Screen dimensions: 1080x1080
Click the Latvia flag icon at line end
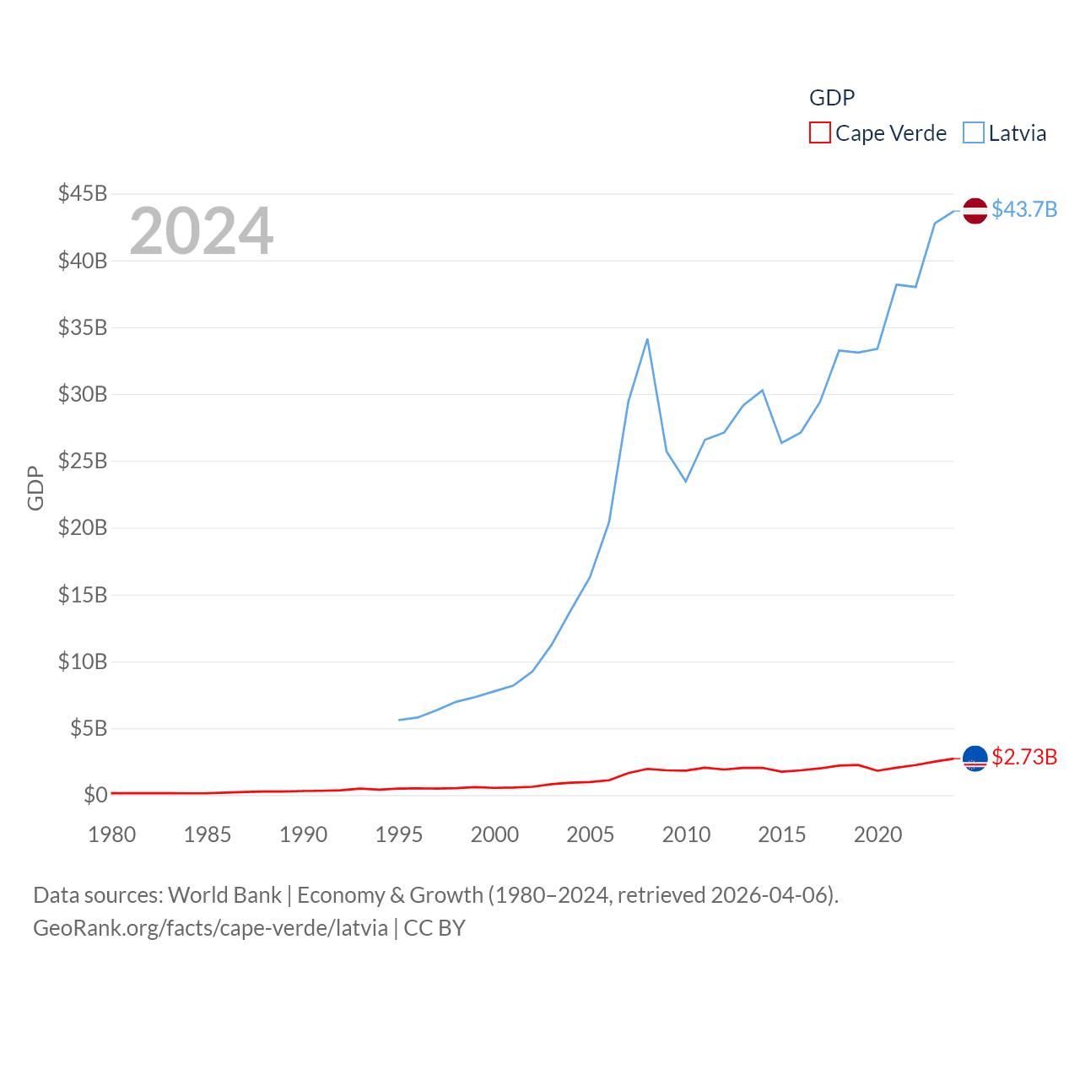(x=975, y=210)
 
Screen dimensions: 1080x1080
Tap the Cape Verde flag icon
(x=975, y=759)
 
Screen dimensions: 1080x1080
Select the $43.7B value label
(x=1024, y=209)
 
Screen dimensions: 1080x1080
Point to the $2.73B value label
(x=1024, y=757)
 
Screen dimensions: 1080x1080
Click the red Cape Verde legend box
(x=819, y=133)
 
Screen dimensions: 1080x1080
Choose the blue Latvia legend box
(x=973, y=133)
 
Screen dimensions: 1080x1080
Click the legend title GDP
(x=832, y=98)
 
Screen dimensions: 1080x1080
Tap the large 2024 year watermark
(x=201, y=230)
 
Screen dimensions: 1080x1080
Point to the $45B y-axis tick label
(x=83, y=193)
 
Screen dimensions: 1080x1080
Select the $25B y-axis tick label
(x=83, y=461)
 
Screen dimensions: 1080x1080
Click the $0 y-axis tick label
(x=95, y=795)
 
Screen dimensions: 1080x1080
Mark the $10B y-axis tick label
(x=83, y=661)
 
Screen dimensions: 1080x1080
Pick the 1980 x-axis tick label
(x=112, y=834)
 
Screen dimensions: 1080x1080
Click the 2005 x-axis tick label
(x=591, y=834)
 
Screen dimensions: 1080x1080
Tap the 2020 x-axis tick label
(x=877, y=834)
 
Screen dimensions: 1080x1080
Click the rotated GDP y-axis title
(x=35, y=488)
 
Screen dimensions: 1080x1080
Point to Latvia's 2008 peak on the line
(x=647, y=339)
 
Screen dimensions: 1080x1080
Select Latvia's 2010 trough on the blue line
(x=686, y=481)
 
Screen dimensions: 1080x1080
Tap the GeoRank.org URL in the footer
(x=210, y=928)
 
